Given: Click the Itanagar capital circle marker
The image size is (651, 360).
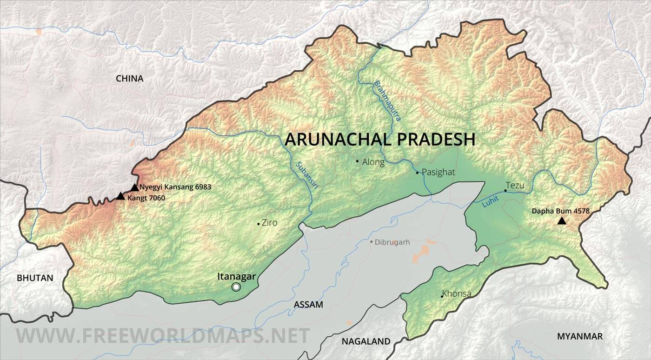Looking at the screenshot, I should pos(236,287).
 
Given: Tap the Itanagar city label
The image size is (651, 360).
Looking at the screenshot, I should pos(236,276).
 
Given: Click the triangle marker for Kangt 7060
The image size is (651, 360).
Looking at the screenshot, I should pos(120,196).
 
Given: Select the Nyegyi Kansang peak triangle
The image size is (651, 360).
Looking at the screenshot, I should pos(134,187).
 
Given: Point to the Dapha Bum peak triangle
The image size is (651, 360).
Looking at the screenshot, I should pos(562,221).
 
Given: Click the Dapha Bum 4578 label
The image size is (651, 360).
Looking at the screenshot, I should pos(561,211).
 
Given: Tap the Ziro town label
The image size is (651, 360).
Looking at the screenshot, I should pos(269,223).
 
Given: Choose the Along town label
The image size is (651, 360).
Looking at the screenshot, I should pos(373,162).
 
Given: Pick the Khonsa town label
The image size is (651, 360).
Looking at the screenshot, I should pos(457,294).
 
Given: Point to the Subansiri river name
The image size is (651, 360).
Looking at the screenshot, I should pos(302,174).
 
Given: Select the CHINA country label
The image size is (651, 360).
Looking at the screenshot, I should pos(129,79).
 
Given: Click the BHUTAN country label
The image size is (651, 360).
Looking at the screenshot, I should pos(35,278).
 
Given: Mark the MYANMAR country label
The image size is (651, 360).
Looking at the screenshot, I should pos(579,336).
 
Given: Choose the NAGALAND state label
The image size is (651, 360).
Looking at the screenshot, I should pos(366,341).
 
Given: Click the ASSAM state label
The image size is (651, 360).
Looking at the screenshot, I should pos(308,305).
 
